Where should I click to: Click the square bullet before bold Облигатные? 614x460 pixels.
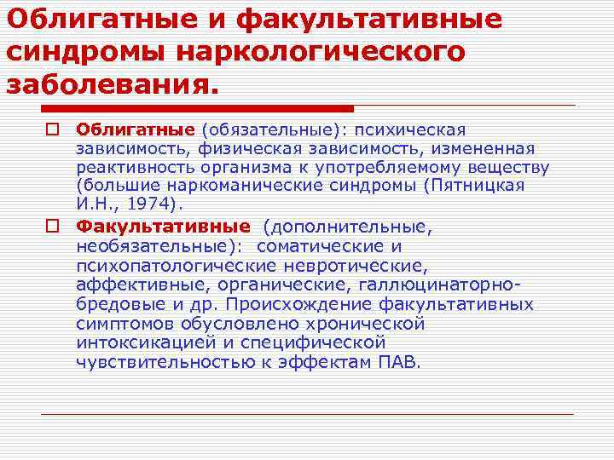[x=53, y=130]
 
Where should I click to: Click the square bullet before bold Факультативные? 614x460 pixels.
[x=53, y=227]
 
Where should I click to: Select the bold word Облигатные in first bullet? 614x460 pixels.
[x=136, y=130]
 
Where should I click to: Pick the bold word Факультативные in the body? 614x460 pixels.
[x=163, y=227]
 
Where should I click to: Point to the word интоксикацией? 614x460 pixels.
[x=142, y=342]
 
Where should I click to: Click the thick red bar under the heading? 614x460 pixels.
[x=196, y=108]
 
